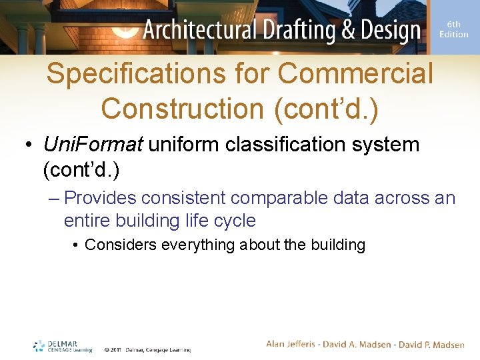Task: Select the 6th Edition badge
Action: pos(454,29)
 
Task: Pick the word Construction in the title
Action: pos(183,109)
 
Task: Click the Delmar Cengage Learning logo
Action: pos(63,346)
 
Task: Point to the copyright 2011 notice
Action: pos(147,349)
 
